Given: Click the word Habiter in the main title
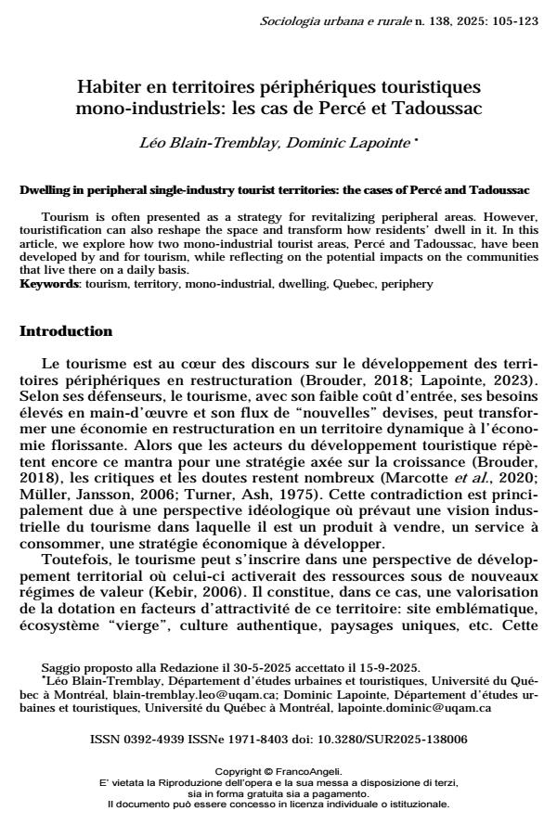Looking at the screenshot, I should (107, 88).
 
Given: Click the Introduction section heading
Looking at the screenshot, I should (66, 331).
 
